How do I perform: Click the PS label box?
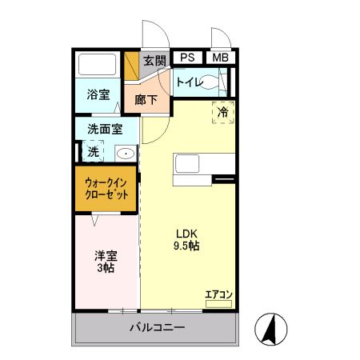point(187,58)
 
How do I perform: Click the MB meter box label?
point(221,58)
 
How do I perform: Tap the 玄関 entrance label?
point(154,61)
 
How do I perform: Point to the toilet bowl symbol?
point(210,82)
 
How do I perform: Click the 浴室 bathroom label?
point(98,94)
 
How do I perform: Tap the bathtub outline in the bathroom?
point(98,64)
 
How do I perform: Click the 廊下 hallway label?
point(146,100)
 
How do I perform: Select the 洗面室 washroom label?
point(105,129)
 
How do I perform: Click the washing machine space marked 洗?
point(93,151)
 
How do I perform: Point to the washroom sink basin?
point(126,154)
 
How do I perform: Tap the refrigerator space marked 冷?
point(223,112)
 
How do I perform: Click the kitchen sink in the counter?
point(187,163)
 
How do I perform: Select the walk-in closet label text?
point(106,189)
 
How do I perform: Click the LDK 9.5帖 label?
point(186,240)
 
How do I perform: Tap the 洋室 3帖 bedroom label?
point(106,262)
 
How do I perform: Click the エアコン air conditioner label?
point(218,294)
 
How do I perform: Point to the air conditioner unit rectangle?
point(218,304)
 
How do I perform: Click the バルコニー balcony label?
point(158,327)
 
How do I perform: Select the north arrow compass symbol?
point(271,330)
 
